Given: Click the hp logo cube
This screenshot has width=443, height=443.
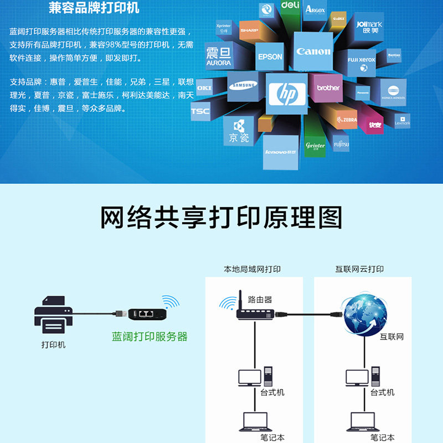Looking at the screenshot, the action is pos(286,94).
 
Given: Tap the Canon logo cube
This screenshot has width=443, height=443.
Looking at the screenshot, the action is pos(313,51).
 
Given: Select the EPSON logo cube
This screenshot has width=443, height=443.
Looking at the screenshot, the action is pos(270,56).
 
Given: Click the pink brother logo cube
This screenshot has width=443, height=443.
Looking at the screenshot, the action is pos(328,87).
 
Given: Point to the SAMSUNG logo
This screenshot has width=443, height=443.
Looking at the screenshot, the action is pos(244,86).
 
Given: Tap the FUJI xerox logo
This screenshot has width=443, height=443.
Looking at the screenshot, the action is pos(362,60).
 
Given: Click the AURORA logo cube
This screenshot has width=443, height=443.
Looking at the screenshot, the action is pos(218,57).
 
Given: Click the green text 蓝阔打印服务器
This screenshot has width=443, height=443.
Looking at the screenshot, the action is pos(150,337).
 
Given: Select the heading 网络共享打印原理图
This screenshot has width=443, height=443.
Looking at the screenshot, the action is pos(221,218).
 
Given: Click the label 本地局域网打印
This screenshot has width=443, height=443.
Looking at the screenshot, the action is pos(253,270).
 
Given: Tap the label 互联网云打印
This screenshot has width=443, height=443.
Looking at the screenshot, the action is pos(359,270).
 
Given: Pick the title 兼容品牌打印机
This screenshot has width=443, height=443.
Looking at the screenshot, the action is pos(94,9).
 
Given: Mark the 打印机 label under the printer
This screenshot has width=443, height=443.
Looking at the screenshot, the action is pos(54,344).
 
